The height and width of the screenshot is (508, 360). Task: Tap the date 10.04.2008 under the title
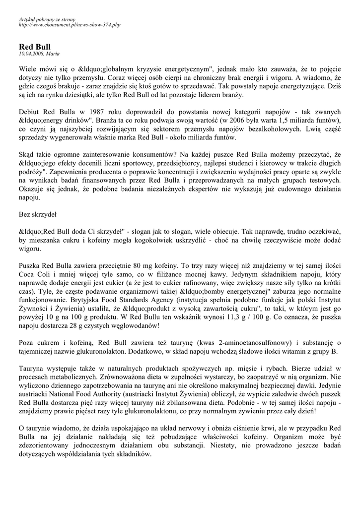click(x=30, y=54)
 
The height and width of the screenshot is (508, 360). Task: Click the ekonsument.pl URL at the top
click(x=69, y=24)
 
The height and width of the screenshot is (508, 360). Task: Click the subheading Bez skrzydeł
click(x=37, y=215)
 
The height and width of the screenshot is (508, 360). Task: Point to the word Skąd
click(x=27, y=154)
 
